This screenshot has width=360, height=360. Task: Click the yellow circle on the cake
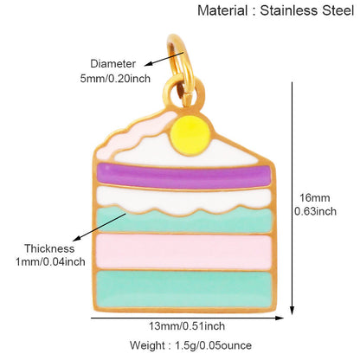point(190,136)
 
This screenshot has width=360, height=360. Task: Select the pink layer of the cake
point(184,252)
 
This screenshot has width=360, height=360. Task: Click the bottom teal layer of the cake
point(184,289)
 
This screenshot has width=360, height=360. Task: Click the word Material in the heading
point(222,11)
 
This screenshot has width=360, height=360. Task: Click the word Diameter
point(112,64)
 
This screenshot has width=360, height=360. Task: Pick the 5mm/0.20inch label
point(115,79)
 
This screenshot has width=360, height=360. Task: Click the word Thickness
point(49,248)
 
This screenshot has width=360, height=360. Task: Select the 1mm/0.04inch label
point(50,262)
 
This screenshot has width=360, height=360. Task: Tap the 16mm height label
point(315,198)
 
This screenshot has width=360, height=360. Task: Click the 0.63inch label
point(315,211)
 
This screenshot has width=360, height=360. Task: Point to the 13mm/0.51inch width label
point(187,326)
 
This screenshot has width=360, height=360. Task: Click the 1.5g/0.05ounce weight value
point(214,345)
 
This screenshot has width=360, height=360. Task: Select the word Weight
point(148,345)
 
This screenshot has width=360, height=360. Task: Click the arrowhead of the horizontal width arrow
point(280,318)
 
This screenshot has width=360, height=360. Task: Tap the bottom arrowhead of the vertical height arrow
point(292,310)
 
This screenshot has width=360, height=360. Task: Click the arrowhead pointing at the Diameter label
point(148,65)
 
